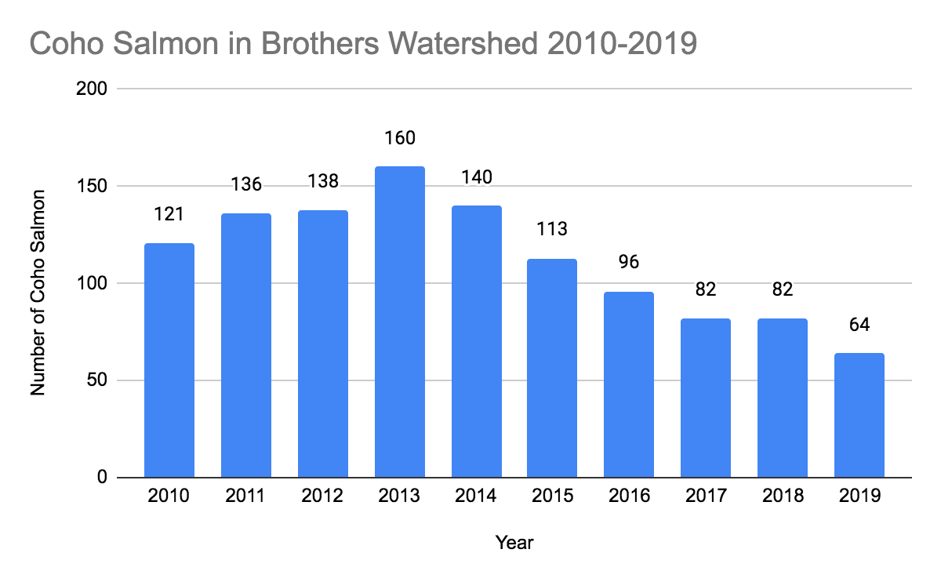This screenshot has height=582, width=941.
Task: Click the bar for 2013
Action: [x=400, y=322]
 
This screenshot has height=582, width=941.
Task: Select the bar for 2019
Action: [x=859, y=415]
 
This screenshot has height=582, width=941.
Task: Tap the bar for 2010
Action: [x=169, y=360]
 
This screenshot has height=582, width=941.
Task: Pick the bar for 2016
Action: [x=629, y=384]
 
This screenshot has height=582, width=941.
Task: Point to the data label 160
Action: [x=400, y=138]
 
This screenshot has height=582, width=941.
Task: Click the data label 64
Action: [x=859, y=325]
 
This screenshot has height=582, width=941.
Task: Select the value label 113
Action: [x=552, y=230]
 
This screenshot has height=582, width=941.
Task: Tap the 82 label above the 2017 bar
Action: [x=706, y=290]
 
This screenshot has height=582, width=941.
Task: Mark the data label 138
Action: [x=323, y=181]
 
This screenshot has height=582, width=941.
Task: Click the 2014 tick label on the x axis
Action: [x=476, y=497]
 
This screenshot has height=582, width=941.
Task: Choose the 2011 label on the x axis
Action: [x=246, y=497]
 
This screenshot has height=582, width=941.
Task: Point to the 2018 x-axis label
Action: [x=783, y=497]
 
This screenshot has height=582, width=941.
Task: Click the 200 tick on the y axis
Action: [x=92, y=89]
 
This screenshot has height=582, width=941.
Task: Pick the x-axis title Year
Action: [x=514, y=542]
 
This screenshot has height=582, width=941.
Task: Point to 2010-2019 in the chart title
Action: [x=619, y=45]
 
